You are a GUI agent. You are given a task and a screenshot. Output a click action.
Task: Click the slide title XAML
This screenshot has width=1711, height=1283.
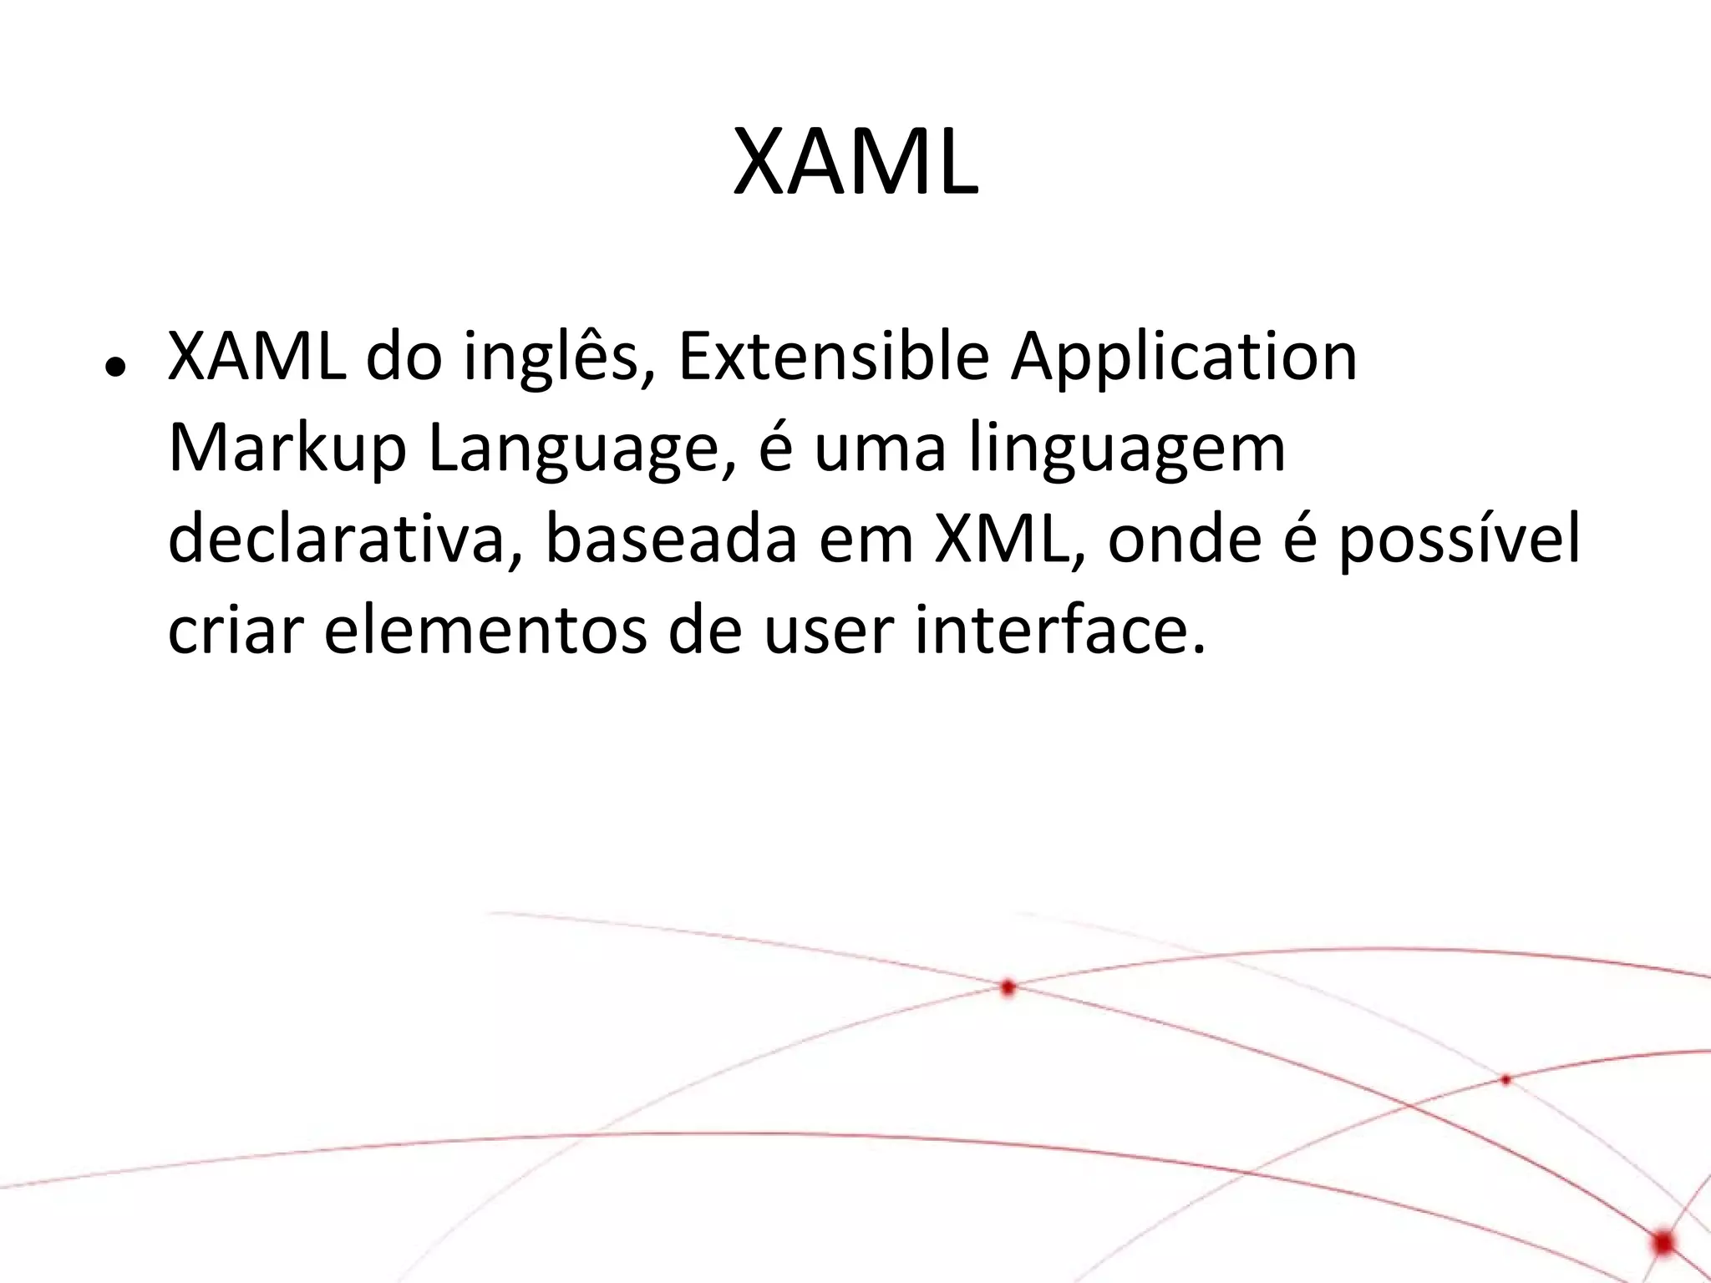coord(855,164)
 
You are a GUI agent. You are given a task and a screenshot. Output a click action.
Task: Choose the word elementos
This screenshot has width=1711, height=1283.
coord(485,631)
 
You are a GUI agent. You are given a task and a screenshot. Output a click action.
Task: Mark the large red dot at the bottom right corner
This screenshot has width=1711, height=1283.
coord(1663,1242)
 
